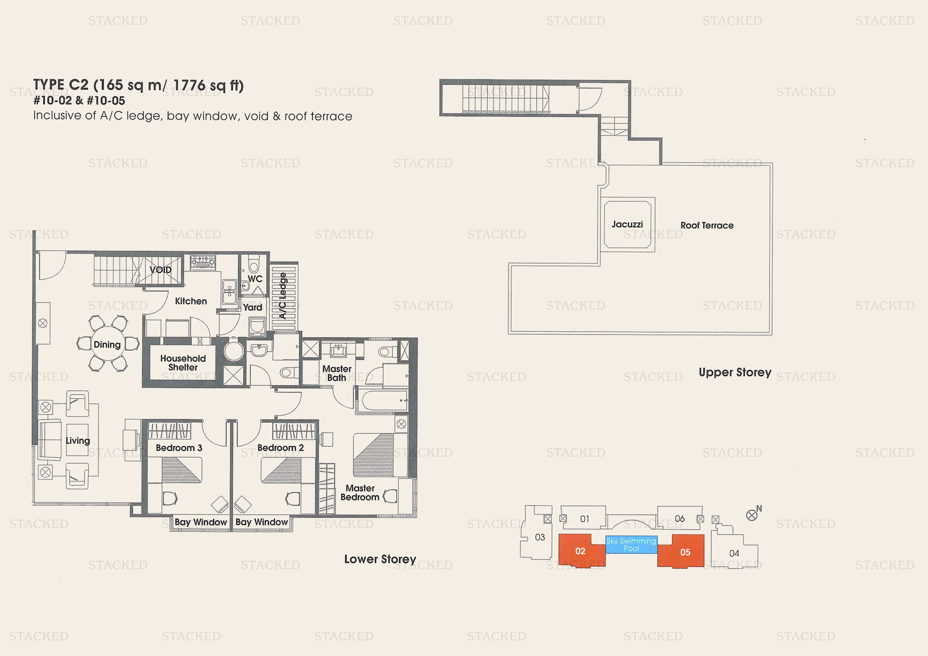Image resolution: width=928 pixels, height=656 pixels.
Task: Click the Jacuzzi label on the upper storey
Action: click(627, 224)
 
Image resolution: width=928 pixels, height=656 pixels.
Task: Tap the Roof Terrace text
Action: click(707, 226)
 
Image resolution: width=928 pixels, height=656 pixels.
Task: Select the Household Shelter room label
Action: click(183, 363)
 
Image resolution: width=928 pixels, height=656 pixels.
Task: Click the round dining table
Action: click(107, 344)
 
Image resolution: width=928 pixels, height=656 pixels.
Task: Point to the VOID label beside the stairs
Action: click(161, 270)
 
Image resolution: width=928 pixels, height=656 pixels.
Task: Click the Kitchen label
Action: click(191, 301)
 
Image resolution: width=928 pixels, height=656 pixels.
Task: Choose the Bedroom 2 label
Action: click(280, 448)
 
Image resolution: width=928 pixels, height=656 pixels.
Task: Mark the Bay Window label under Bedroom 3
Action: click(201, 522)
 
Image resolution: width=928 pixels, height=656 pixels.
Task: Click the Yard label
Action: click(253, 307)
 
